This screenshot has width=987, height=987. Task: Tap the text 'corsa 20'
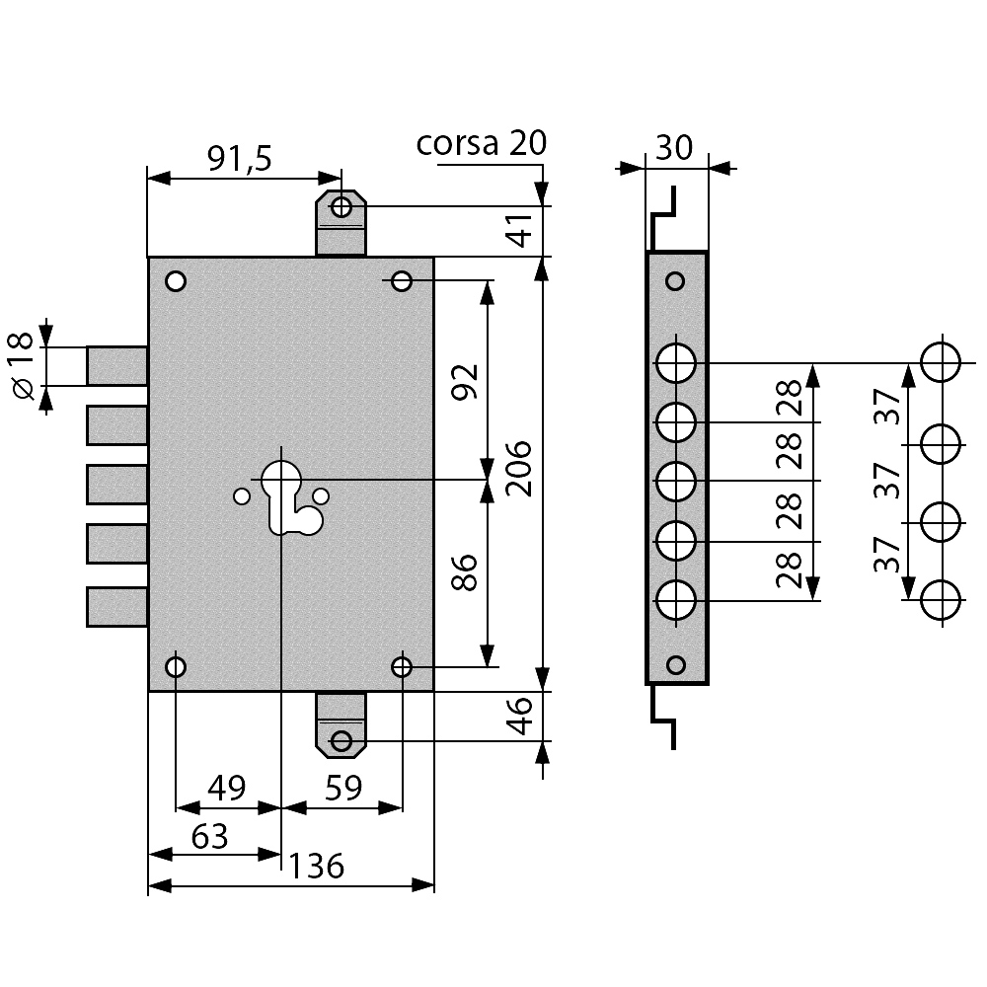click(x=482, y=143)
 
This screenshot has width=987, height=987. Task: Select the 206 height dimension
click(x=519, y=468)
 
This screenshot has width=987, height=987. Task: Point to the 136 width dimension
click(x=317, y=867)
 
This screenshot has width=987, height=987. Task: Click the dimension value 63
click(x=209, y=837)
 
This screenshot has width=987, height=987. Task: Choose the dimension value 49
click(x=227, y=788)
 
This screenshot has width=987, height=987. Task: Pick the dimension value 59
click(x=343, y=788)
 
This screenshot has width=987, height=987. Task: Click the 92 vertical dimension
click(x=466, y=381)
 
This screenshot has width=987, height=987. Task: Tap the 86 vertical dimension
click(x=466, y=572)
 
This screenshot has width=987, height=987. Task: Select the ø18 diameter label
click(x=23, y=366)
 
